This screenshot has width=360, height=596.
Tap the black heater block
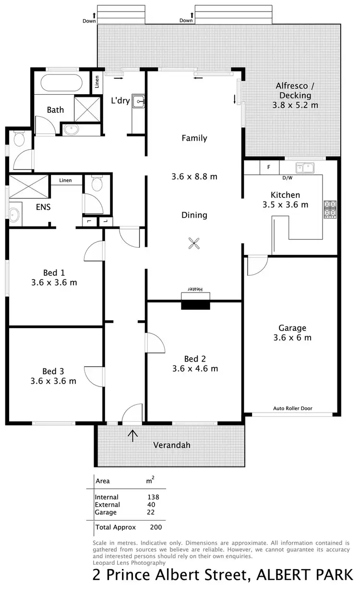point(196,304)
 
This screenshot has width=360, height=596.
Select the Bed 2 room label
point(195,359)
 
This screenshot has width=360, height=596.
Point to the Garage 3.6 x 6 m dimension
point(292,338)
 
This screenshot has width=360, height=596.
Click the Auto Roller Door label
point(293,408)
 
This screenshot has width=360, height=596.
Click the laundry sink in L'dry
point(138,101)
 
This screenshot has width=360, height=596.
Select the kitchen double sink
point(305,168)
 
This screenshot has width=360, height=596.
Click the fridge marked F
point(269,167)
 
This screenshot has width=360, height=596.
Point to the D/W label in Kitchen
point(287,178)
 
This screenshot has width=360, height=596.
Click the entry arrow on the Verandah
point(132,436)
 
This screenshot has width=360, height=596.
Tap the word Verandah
point(171,445)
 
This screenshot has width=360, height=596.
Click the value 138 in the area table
point(153,497)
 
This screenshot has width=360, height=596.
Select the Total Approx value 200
point(156,527)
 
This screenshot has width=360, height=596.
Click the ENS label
point(43,207)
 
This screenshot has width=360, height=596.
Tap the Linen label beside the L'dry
point(96,83)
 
